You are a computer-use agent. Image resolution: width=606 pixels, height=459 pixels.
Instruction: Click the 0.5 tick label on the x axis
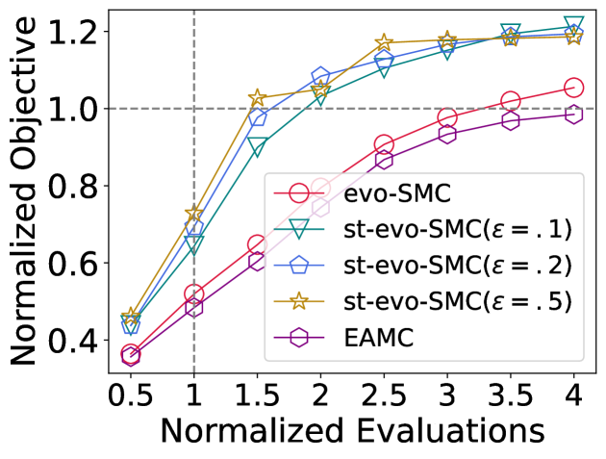131,395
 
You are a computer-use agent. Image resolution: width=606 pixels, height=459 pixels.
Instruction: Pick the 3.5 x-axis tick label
510,395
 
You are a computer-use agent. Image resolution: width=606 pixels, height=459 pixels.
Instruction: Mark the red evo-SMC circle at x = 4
574,88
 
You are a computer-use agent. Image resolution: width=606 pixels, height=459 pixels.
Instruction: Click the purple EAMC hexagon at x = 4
574,114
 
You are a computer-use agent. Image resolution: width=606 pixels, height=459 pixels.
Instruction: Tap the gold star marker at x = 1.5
257,98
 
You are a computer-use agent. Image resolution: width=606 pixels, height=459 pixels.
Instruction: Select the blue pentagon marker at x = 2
320,77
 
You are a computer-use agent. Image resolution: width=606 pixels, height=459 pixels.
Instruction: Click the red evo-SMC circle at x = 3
447,118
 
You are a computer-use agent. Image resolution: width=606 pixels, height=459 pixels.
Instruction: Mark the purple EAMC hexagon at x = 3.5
511,120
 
